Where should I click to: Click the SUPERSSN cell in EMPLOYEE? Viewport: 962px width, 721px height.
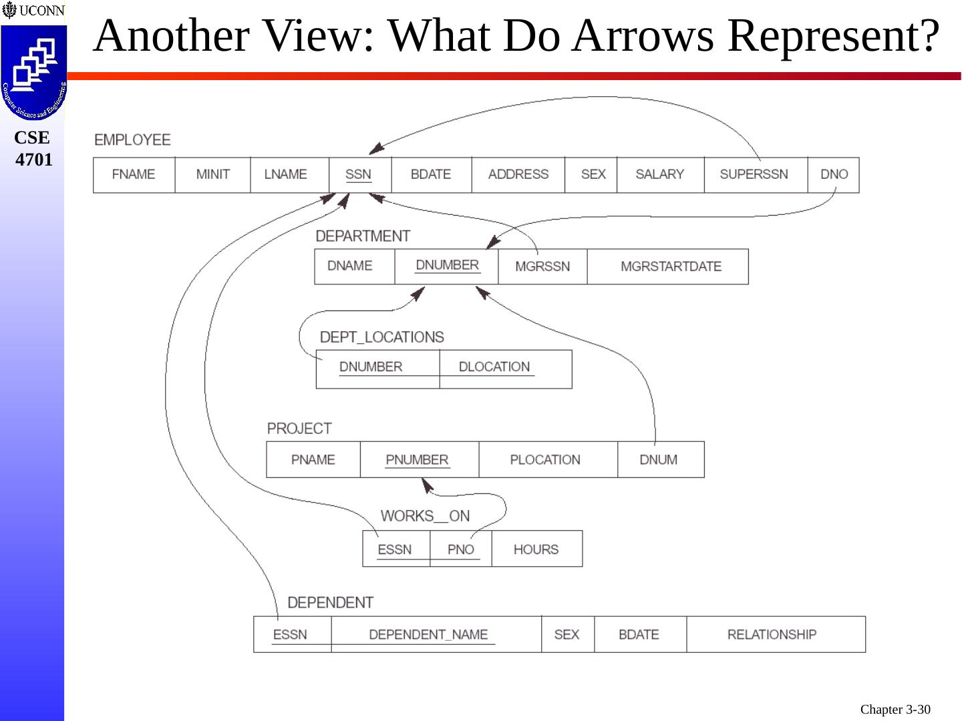tap(754, 175)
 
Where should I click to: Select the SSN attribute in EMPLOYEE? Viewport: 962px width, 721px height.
tap(359, 175)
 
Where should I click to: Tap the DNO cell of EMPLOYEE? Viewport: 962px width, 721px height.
tap(834, 175)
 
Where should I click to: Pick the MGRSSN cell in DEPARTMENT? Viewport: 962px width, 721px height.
tap(542, 266)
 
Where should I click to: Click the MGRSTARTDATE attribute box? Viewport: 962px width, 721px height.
tap(670, 266)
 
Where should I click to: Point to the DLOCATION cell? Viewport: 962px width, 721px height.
tap(494, 367)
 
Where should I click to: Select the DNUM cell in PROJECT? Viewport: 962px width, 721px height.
tap(659, 460)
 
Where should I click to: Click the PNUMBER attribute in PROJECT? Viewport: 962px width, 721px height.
tap(417, 460)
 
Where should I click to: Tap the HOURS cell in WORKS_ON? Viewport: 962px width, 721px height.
tap(536, 549)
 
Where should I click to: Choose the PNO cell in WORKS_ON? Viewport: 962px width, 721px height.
tap(460, 549)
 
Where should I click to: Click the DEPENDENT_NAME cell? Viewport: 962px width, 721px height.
tap(428, 635)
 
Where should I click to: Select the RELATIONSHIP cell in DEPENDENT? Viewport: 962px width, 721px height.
tap(772, 635)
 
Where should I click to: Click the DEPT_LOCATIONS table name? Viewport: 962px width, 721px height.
tap(381, 337)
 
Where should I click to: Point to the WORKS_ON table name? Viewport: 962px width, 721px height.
tap(425, 516)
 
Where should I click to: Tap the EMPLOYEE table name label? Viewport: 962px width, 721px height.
tap(132, 140)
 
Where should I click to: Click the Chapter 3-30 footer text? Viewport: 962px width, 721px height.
tap(895, 710)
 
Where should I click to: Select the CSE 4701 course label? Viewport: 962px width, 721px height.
tap(33, 149)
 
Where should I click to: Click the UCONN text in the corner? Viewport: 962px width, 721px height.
tap(41, 11)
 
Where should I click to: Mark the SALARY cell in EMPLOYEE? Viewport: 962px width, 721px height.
tap(659, 175)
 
